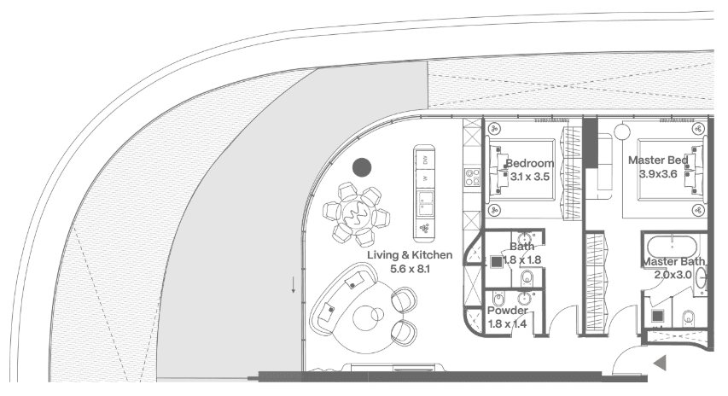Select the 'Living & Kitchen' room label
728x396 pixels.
point(410,255)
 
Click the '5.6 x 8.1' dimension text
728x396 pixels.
point(410,268)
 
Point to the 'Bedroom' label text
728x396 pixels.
point(529,163)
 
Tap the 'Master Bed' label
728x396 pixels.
point(659,160)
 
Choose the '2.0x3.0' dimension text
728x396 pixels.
point(674,275)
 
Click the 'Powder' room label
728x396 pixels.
point(507,311)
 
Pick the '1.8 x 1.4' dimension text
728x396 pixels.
point(507,324)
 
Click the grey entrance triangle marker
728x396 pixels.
point(659,364)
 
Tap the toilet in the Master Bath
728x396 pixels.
point(691,318)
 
